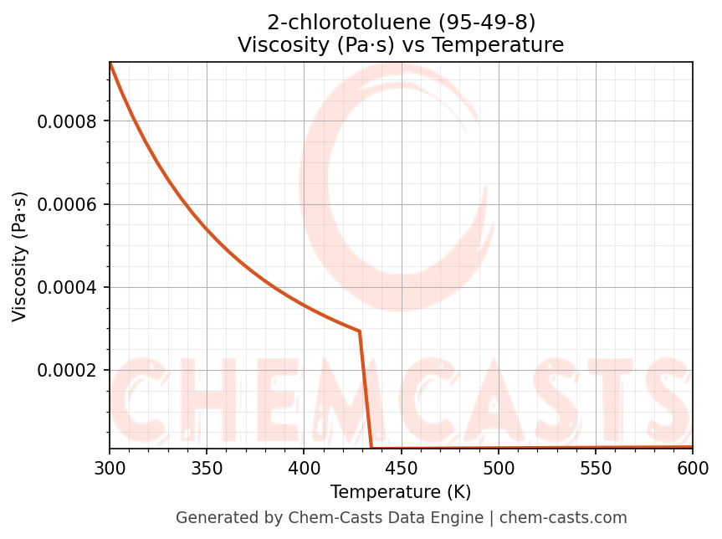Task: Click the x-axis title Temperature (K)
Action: pyautogui.click(x=401, y=492)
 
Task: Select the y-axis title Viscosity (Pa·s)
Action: pyautogui.click(x=20, y=256)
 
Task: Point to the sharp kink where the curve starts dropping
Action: pyautogui.click(x=360, y=331)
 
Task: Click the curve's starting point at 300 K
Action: pyautogui.click(x=110, y=64)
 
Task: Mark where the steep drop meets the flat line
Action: pyautogui.click(x=371, y=448)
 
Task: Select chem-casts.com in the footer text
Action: pyautogui.click(x=563, y=518)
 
